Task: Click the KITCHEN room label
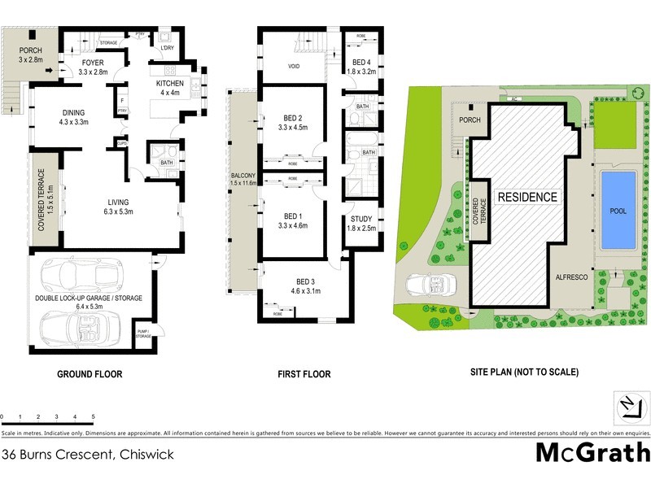click(170, 83)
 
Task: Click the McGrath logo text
click(592, 452)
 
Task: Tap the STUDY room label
click(360, 219)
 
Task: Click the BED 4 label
click(360, 63)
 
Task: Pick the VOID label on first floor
click(295, 67)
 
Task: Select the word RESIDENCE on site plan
click(527, 197)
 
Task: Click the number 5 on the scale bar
click(94, 416)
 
